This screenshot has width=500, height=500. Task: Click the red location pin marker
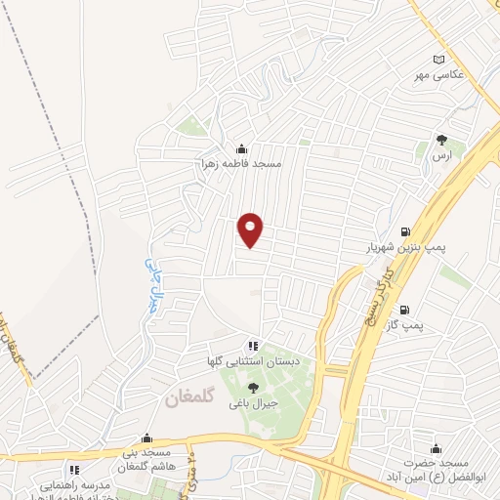pos(252,229)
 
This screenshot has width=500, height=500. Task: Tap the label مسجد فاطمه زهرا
pos(242,164)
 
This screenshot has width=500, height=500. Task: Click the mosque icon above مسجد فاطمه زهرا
pos(242,149)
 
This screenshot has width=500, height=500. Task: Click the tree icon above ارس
pos(441,140)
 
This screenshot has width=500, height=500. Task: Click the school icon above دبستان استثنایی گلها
pos(253,346)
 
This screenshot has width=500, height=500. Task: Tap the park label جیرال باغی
pos(254,402)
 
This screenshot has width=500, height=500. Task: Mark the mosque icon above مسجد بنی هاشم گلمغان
pos(146,438)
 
